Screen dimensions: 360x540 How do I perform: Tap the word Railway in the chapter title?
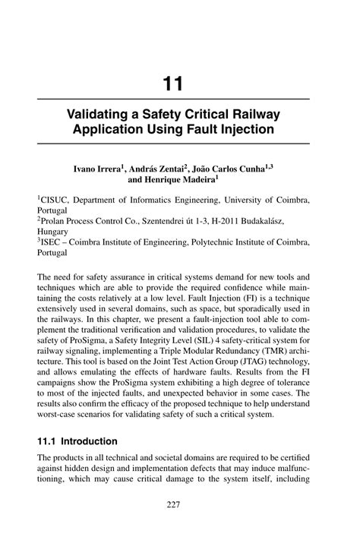point(256,115)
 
